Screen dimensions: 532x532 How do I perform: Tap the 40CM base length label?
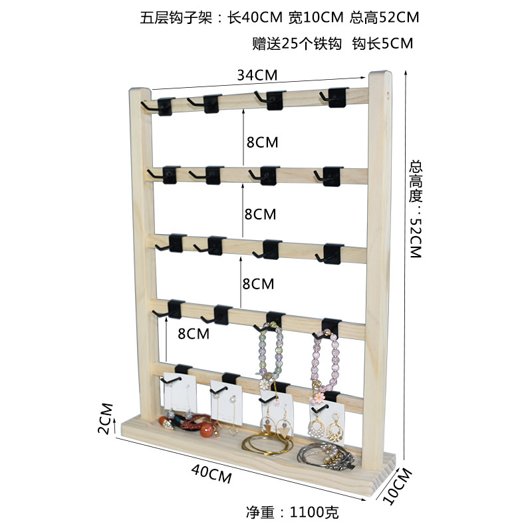211,473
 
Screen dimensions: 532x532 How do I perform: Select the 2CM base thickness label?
105,418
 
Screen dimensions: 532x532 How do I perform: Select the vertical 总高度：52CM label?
416,209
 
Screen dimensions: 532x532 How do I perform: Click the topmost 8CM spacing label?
261,142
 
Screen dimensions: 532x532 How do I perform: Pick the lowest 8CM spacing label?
194,334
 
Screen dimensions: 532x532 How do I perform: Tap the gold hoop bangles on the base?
267,444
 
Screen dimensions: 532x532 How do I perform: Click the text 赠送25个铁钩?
297,44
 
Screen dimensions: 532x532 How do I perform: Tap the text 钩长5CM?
382,44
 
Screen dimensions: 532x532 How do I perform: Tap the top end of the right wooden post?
380,74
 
